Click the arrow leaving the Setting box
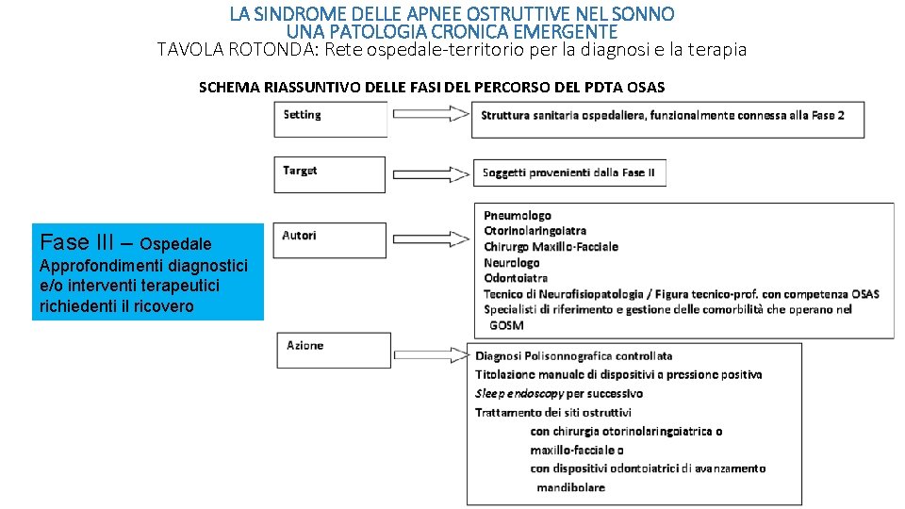tap(431, 114)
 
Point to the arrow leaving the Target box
tap(431, 173)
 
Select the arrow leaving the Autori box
tap(431, 238)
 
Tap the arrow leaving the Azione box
tap(432, 355)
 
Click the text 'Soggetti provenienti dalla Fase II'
tap(568, 172)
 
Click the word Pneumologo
tap(518, 215)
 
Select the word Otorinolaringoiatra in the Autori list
tap(535, 231)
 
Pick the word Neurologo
tap(511, 263)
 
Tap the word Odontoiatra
tap(516, 278)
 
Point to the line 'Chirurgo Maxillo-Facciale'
tap(551, 247)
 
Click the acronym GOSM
tap(506, 325)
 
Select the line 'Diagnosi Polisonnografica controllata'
tap(574, 356)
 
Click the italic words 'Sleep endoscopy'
tap(518, 394)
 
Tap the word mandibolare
tap(571, 487)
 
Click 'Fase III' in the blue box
tap(76, 242)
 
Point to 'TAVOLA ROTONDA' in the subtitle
tap(238, 50)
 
